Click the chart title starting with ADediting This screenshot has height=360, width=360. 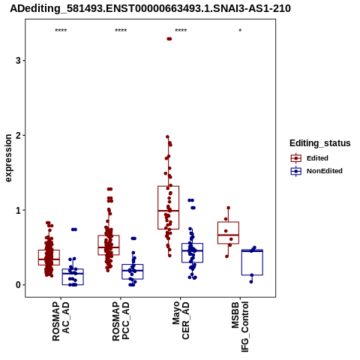pos(150,9)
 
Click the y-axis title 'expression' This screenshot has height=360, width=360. pos(8,158)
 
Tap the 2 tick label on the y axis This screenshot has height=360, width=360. pos(18,135)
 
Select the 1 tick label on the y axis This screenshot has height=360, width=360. pos(18,210)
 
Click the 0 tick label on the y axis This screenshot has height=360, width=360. pos(18,285)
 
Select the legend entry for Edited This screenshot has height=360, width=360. pos(309,158)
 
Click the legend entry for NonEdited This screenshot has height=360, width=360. pos(316,171)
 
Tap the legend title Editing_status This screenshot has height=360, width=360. pos(320,143)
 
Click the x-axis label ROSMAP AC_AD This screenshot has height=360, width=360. pos(61,321)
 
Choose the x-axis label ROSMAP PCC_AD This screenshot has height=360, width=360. pos(121,321)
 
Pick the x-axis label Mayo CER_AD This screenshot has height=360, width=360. pos(181,320)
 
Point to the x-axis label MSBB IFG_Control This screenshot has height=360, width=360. pos(240,327)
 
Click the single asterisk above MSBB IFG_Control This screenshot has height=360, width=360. pos(240,31)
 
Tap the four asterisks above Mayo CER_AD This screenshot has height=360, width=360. pos(181,31)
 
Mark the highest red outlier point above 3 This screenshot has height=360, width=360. pos(169,39)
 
